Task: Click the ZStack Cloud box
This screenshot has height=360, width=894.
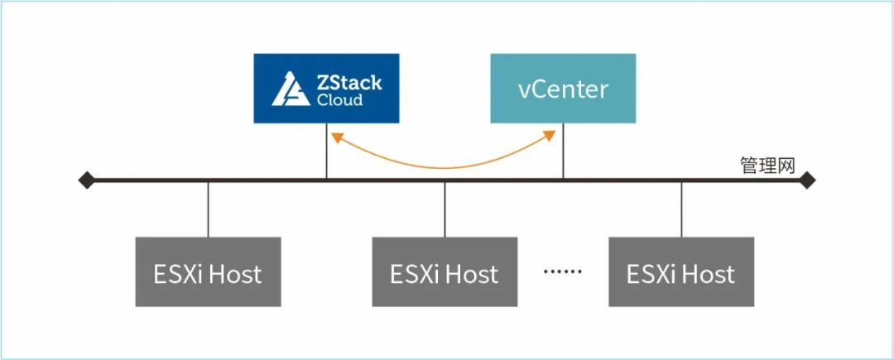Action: coord(326,89)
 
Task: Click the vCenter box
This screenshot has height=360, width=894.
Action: coord(563,89)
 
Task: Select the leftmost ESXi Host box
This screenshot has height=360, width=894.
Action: coord(208,272)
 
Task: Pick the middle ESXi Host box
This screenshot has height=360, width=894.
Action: coord(445,272)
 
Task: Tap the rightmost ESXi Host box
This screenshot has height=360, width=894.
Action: coord(681,272)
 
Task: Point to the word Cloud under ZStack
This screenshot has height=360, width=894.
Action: coord(339,100)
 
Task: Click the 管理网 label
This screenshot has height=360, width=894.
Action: coord(767,166)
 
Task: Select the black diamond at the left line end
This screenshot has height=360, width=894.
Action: coord(86,180)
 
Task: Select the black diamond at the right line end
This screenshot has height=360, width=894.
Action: coord(807,180)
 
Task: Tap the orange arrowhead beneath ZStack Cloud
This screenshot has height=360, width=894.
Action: coord(334,136)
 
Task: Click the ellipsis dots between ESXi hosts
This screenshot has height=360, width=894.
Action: coord(563,271)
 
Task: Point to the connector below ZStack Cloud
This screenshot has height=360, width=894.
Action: coord(326,157)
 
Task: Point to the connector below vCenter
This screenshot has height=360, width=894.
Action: coord(564,157)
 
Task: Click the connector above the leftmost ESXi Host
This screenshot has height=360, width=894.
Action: coord(208,209)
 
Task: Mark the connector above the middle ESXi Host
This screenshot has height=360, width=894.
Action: coord(445,209)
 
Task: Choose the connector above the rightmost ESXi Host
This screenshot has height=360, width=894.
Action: coord(681,209)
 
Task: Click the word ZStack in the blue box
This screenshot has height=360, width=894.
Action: coord(349,83)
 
